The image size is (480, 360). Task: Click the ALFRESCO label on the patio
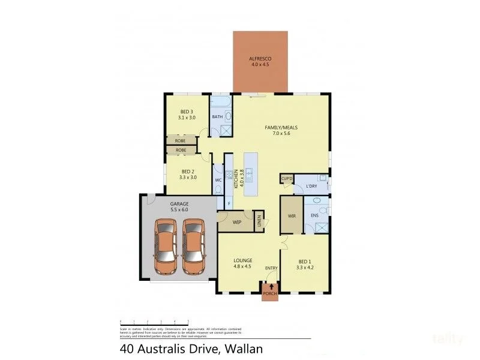[x=260, y=58]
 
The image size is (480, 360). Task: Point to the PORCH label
[x=270, y=294]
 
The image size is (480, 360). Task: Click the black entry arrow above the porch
[x=270, y=287]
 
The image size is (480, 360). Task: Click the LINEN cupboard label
[x=259, y=221]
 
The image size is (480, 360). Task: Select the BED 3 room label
[x=187, y=112]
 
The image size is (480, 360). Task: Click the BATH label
[x=217, y=117]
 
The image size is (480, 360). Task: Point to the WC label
[x=218, y=179]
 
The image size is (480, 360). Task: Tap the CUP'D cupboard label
[x=286, y=179]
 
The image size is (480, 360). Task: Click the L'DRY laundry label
[x=311, y=187]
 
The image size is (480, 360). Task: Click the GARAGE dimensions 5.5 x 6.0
[x=179, y=210]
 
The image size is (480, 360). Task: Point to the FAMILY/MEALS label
[x=281, y=128]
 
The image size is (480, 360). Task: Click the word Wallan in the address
[x=242, y=348]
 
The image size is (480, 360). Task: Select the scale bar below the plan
[x=155, y=322]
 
